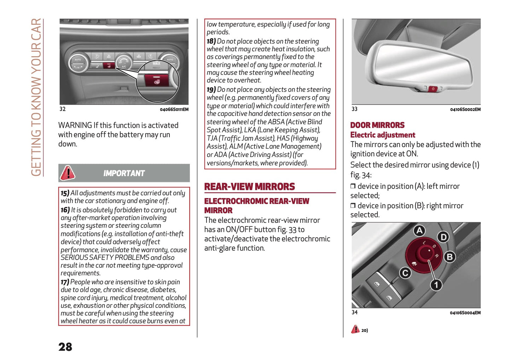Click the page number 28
tap(65, 347)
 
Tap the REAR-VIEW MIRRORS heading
tap(249, 186)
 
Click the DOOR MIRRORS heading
tap(377, 125)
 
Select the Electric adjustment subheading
tap(382, 135)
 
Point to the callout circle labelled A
tap(419, 231)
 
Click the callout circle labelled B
tap(449, 257)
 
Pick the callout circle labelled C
tap(405, 273)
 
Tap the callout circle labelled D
tap(443, 237)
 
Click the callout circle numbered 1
tap(436, 285)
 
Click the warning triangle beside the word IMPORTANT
tap(67, 173)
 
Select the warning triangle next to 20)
tap(355, 330)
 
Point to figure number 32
tap(63, 109)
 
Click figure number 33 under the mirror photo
tap(354, 109)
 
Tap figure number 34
tap(354, 312)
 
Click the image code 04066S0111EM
tap(174, 110)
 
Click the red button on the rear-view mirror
tap(433, 89)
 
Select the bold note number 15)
tap(65, 193)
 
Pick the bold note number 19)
tap(211, 90)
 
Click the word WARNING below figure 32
tap(75, 125)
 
